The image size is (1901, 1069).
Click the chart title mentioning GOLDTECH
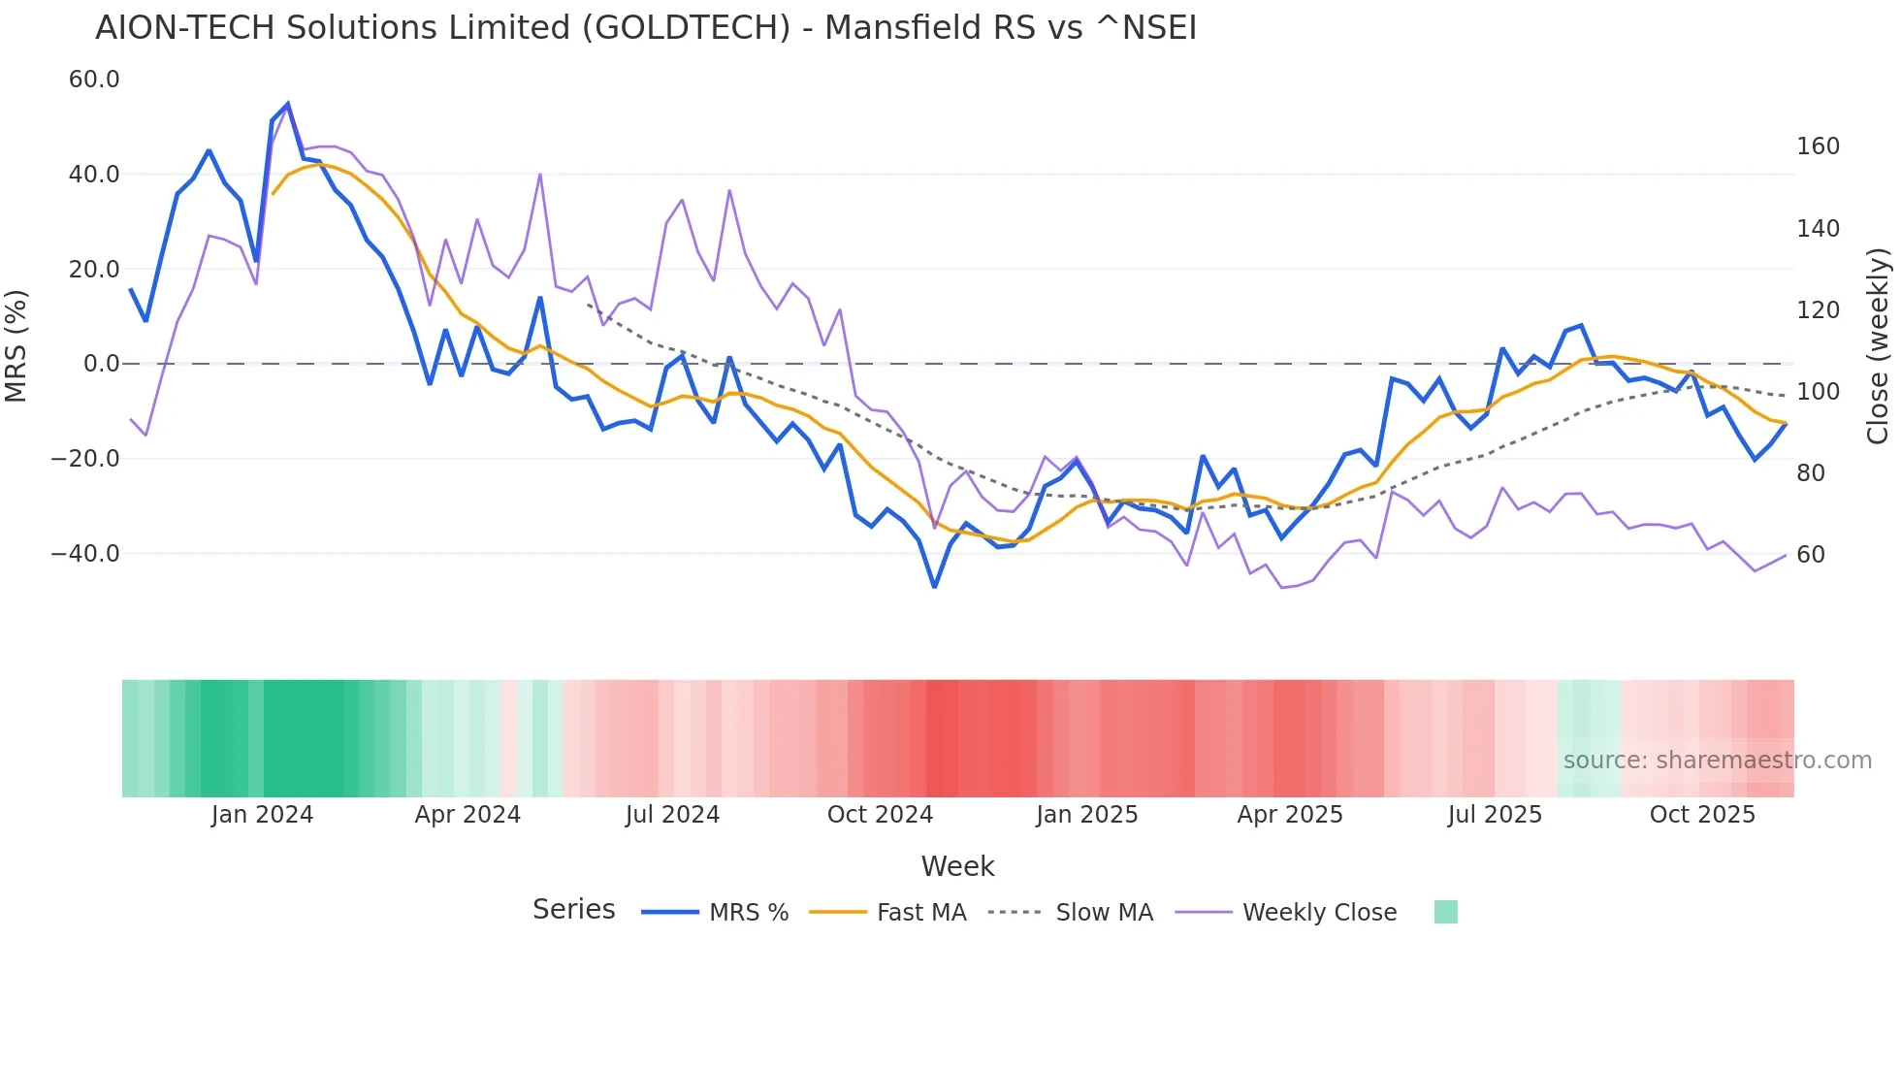click(x=646, y=28)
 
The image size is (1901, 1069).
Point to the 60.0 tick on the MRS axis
click(x=94, y=80)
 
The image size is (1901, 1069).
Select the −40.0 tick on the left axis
click(x=85, y=554)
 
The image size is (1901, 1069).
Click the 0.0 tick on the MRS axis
click(x=102, y=364)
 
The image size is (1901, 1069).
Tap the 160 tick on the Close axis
click(x=1818, y=146)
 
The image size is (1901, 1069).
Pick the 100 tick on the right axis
click(x=1818, y=392)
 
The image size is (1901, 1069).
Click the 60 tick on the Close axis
click(x=1811, y=555)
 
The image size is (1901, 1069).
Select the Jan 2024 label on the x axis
click(x=262, y=815)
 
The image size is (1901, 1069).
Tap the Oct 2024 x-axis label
click(x=880, y=815)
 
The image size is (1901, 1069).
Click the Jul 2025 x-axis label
click(x=1495, y=815)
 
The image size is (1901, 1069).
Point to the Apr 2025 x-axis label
click(x=1290, y=815)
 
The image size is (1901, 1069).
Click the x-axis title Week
click(x=957, y=866)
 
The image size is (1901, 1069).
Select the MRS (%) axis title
click(x=16, y=345)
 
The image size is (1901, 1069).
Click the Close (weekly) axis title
click(x=1878, y=346)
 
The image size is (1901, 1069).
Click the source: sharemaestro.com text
click(x=1717, y=761)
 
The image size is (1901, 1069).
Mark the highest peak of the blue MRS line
click(x=288, y=104)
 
